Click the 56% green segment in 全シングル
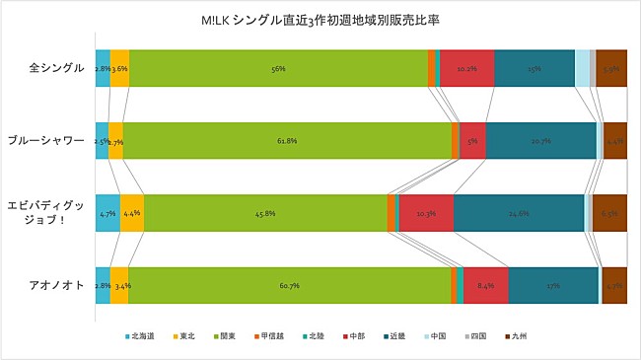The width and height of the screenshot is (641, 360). click(x=278, y=69)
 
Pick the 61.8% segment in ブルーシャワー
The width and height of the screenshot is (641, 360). click(x=287, y=141)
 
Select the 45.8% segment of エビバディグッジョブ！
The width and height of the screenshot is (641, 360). click(x=265, y=213)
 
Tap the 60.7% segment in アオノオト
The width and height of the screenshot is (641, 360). click(x=289, y=286)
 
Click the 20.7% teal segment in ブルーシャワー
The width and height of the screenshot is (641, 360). click(x=540, y=141)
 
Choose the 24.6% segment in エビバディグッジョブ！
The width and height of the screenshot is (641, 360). click(x=519, y=213)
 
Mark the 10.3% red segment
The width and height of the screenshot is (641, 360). click(x=426, y=213)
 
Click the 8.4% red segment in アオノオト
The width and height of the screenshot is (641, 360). click(x=485, y=286)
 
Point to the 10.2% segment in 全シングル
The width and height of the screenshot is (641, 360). click(x=466, y=69)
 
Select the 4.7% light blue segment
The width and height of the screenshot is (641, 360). click(x=107, y=213)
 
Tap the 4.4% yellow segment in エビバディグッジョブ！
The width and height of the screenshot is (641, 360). click(x=132, y=213)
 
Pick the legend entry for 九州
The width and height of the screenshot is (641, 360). click(x=520, y=337)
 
